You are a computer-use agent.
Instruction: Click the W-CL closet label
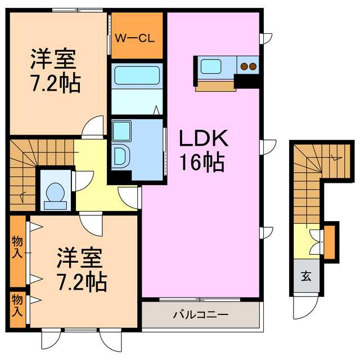point(135,38)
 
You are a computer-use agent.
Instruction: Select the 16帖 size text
point(202,163)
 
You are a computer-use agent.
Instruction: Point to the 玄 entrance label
point(305,276)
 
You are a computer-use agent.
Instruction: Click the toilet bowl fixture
point(55,192)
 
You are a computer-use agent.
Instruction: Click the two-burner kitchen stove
point(248,66)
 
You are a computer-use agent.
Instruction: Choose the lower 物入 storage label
point(17,304)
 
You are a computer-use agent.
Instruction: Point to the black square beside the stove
point(247,81)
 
